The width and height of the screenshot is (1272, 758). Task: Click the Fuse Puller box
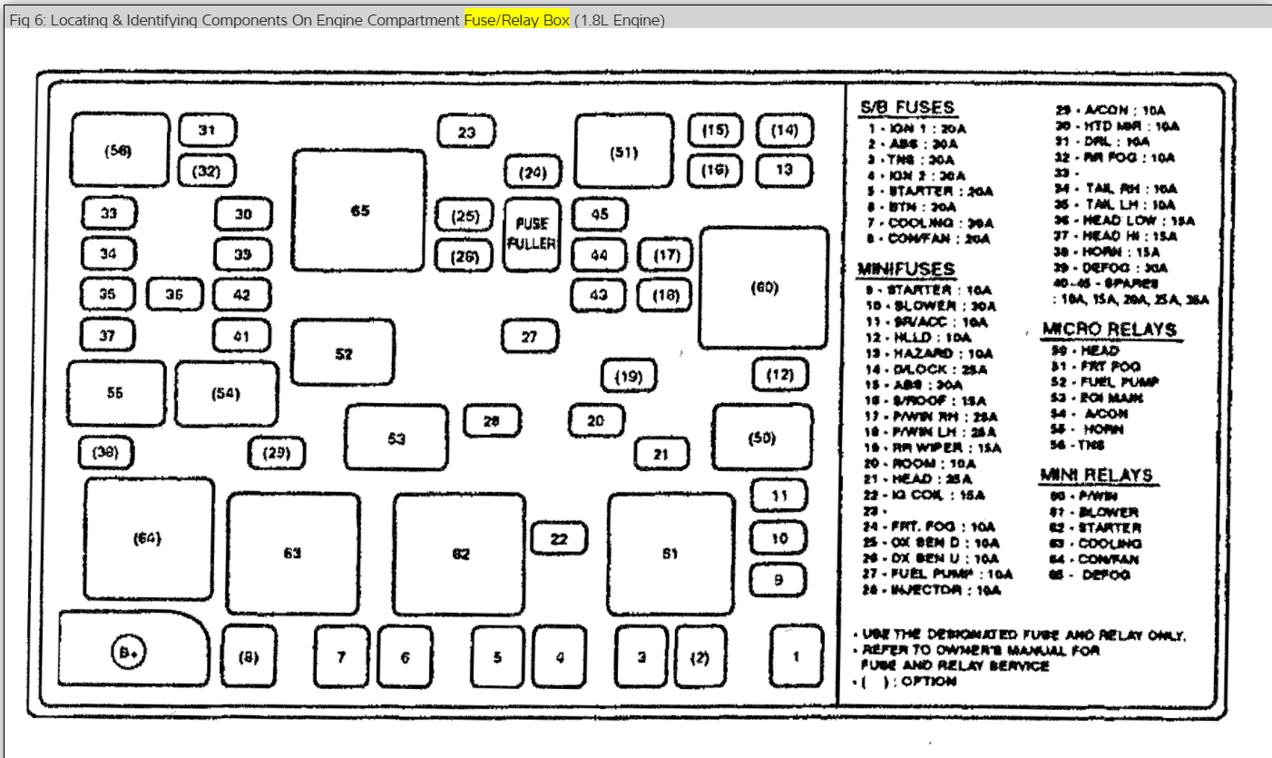(x=530, y=234)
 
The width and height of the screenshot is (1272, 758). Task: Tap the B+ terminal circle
(x=129, y=652)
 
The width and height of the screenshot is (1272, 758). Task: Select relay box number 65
(x=359, y=211)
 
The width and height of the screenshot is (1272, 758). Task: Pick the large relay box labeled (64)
(x=148, y=537)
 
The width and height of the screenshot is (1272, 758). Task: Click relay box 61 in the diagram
(x=670, y=553)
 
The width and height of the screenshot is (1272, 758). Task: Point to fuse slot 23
(x=466, y=132)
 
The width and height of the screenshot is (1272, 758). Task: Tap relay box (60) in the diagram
(x=764, y=288)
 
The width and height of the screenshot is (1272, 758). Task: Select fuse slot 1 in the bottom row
(x=796, y=656)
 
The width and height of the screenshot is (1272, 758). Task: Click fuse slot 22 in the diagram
(x=559, y=538)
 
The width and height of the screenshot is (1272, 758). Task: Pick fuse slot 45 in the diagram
(x=600, y=214)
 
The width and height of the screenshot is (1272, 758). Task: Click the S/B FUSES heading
(x=906, y=108)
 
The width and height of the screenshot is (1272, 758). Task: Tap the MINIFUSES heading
(x=905, y=269)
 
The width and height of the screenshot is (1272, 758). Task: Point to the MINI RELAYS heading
(x=1096, y=475)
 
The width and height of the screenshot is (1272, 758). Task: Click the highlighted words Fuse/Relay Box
(x=516, y=20)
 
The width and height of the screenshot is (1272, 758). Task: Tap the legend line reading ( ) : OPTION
(x=907, y=681)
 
